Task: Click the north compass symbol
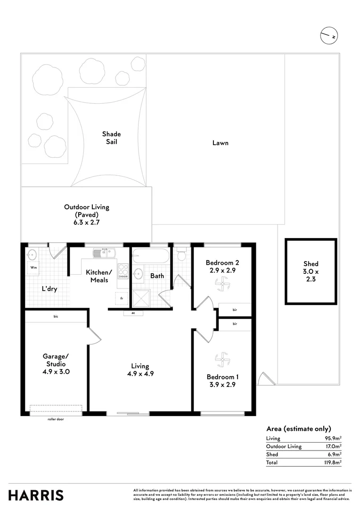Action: coord(330,36)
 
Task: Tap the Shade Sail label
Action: coord(112,138)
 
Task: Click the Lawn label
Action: coord(220,142)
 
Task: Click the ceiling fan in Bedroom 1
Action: coord(221,360)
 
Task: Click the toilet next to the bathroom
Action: coord(181,255)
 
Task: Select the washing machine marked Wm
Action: coord(33,268)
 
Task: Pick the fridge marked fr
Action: coord(122,298)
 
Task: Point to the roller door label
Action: coord(56,419)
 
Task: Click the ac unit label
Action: coord(133,313)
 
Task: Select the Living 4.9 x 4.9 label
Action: coord(140,369)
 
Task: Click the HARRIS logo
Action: coord(36,495)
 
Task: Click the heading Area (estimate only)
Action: coord(299,428)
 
